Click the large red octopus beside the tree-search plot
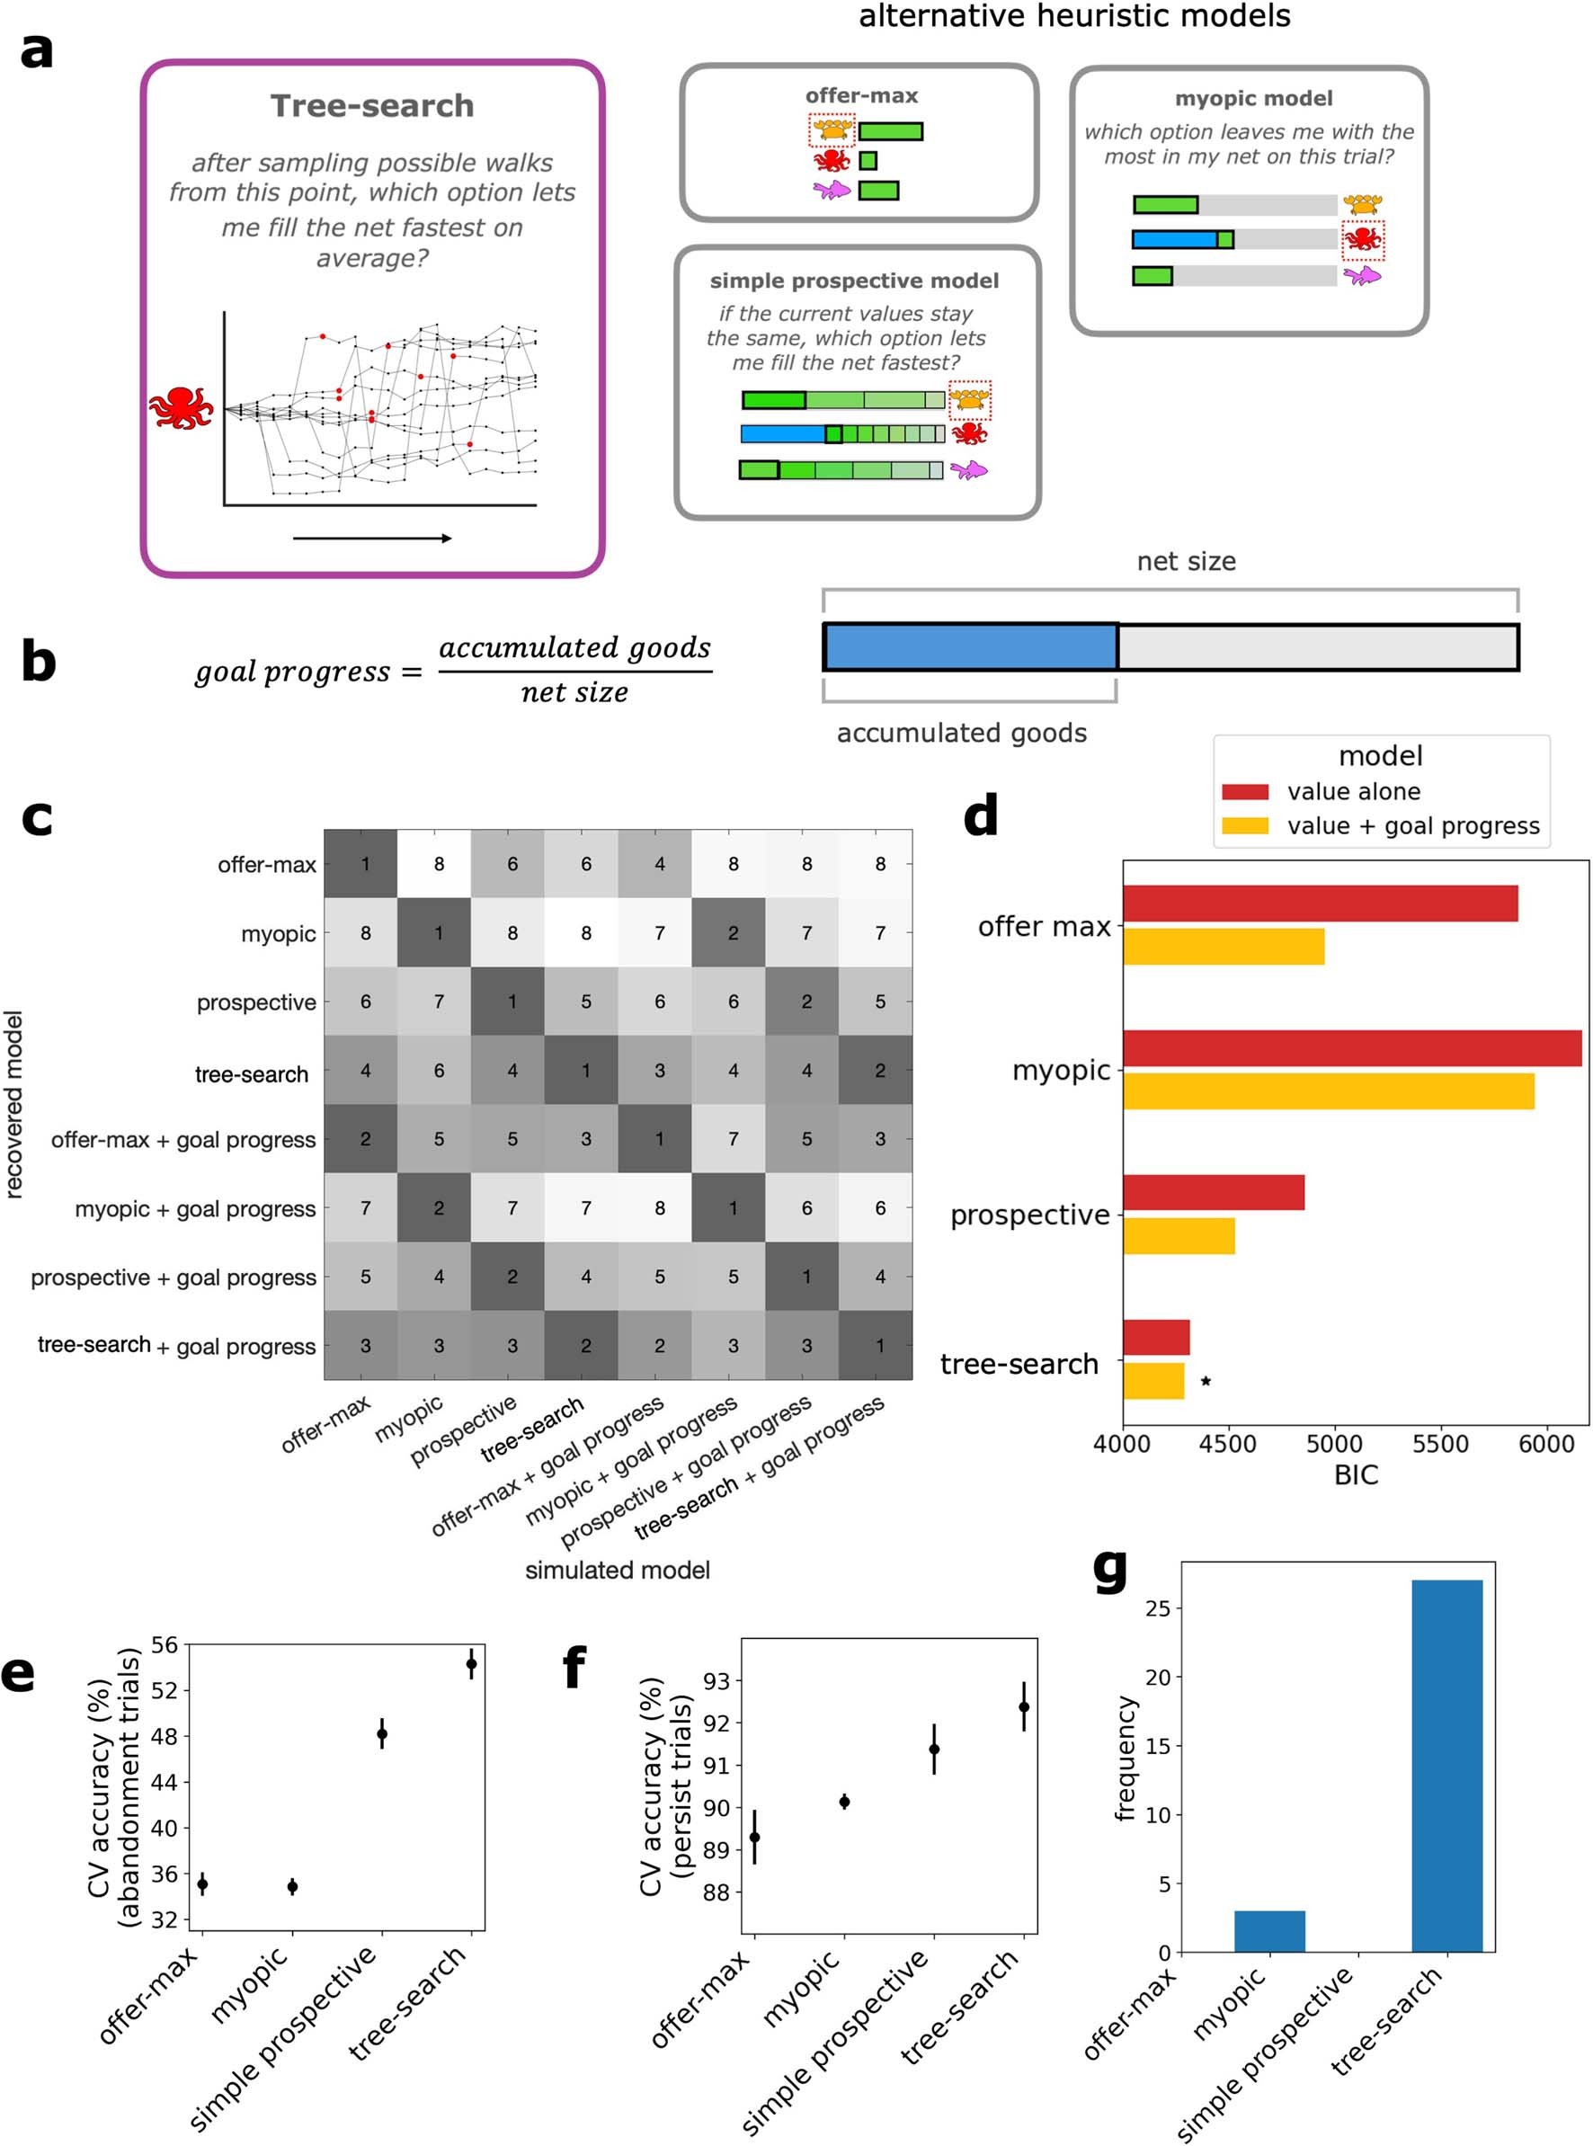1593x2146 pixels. [181, 408]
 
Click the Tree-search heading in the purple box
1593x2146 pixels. [371, 106]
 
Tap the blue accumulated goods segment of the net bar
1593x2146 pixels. [969, 647]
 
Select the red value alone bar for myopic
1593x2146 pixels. [1351, 1048]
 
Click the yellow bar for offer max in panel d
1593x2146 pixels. [1223, 947]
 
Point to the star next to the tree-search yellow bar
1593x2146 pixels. [1206, 1382]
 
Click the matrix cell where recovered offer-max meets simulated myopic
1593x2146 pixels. [439, 864]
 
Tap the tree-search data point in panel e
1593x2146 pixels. [472, 1663]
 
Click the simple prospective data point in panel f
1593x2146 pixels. [933, 1749]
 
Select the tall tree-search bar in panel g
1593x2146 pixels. [1446, 1764]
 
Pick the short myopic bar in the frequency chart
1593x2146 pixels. [1269, 1931]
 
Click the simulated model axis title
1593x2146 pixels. [617, 1571]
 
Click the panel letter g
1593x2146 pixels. [1110, 1569]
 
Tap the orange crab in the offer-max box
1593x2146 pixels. [832, 129]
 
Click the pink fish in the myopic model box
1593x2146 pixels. [1362, 277]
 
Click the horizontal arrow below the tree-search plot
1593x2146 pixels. [371, 538]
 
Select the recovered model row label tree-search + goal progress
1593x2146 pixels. [176, 1346]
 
